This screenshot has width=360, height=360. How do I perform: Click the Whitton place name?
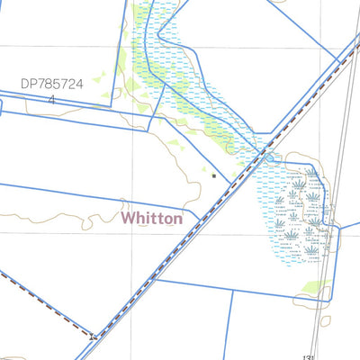(x=151, y=218)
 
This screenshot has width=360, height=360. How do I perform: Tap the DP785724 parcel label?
(x=52, y=84)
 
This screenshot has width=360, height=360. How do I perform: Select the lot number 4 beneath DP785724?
(x=52, y=99)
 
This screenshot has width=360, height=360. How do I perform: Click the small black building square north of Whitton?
(x=213, y=176)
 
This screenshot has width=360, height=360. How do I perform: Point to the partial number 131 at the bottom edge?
(x=310, y=355)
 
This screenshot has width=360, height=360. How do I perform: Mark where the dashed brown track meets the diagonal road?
(x=94, y=337)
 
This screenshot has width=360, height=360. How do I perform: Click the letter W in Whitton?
(x=128, y=218)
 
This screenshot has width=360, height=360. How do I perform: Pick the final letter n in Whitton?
(x=178, y=219)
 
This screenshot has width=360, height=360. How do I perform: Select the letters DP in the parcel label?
(x=29, y=84)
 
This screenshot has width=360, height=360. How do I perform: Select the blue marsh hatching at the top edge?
(x=148, y=18)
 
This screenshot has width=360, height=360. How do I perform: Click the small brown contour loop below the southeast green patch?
(x=325, y=319)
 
